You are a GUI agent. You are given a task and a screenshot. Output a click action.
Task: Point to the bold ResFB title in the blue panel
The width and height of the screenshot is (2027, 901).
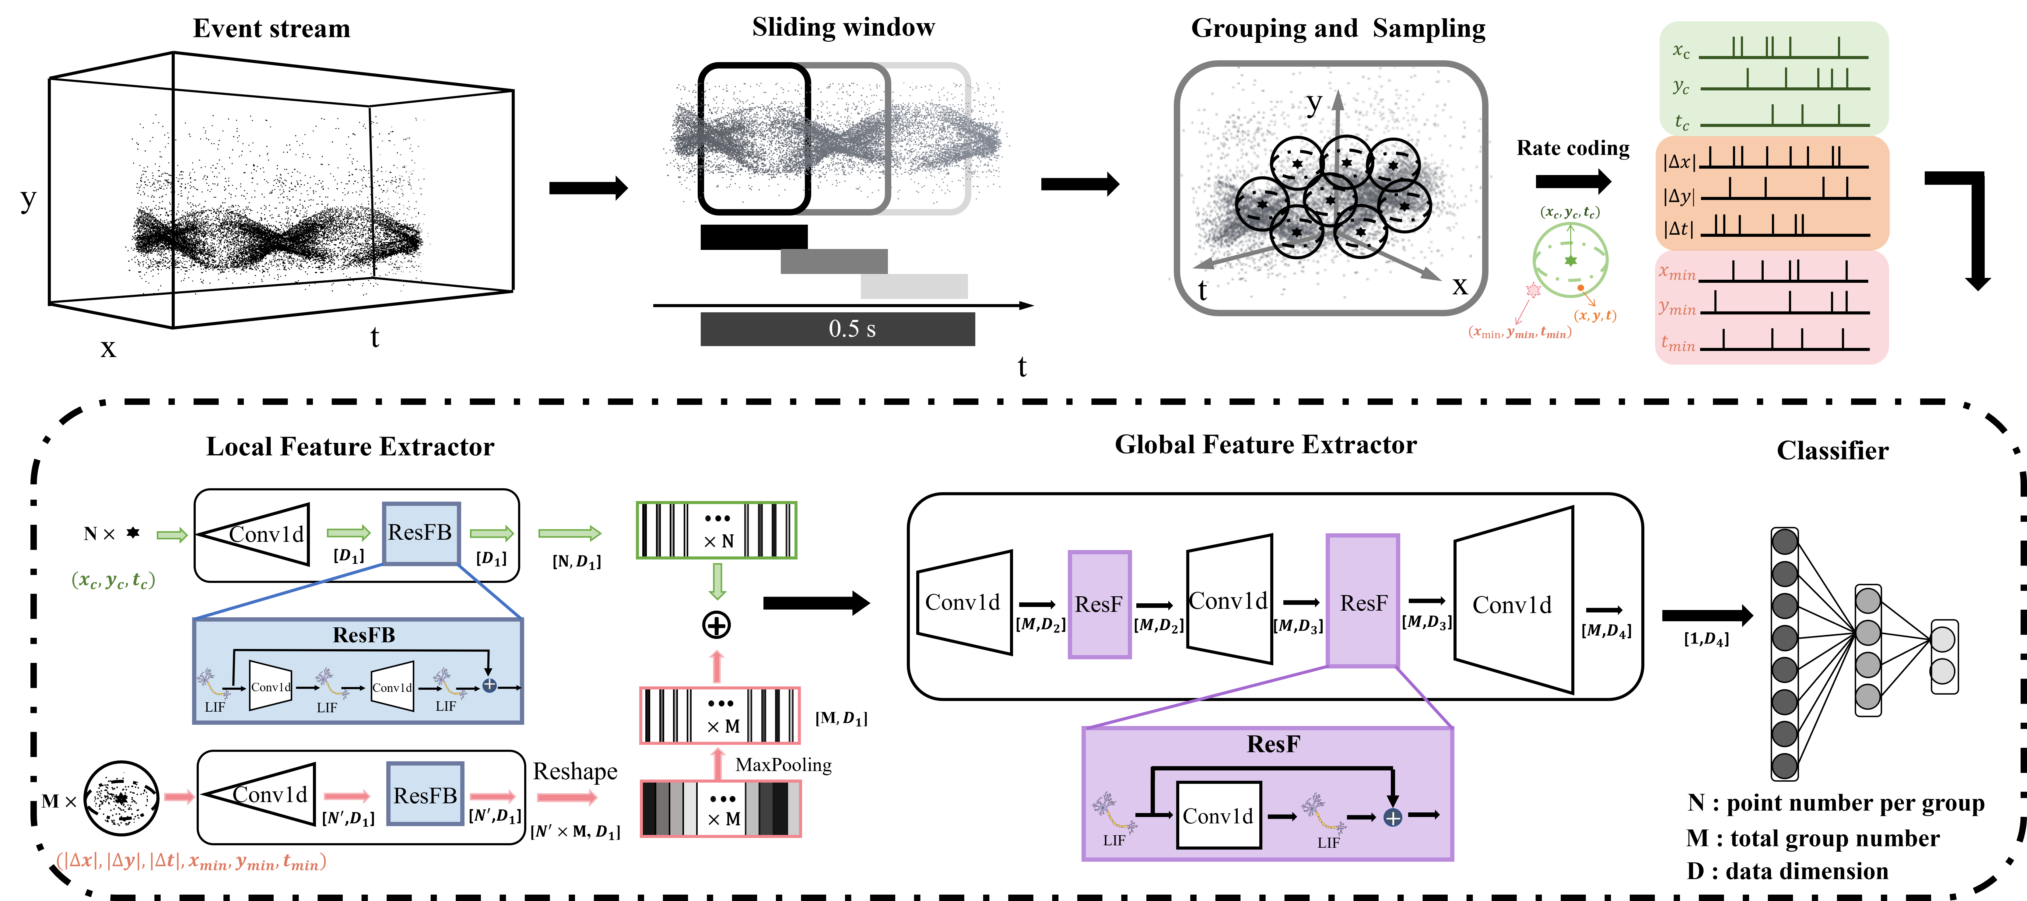363,635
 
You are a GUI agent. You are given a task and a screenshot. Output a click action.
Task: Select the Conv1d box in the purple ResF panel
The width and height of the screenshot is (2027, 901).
1218,815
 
